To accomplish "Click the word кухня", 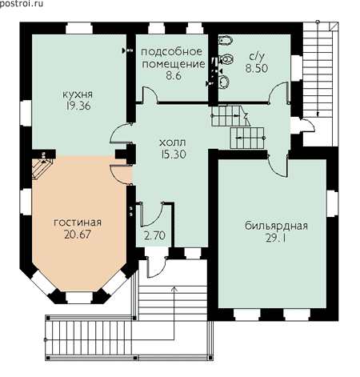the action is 78,94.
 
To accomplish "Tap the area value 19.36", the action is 78,106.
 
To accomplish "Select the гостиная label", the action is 78,223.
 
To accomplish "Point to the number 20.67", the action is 78,235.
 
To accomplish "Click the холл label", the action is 173,142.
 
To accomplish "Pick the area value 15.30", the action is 174,154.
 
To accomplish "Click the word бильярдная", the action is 276,226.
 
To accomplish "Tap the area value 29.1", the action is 275,238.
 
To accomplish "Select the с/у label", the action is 257,57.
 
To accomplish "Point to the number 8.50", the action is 257,68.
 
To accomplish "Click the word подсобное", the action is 171,52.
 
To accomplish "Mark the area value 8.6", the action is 174,76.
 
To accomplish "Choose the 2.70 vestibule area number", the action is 154,235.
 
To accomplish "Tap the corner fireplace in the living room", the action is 42,168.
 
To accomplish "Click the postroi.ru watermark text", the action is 22,4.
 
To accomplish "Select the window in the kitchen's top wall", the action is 79,28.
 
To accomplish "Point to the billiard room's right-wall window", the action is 333,204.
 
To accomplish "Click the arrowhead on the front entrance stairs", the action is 174,288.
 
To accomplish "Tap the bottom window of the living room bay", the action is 79,298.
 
